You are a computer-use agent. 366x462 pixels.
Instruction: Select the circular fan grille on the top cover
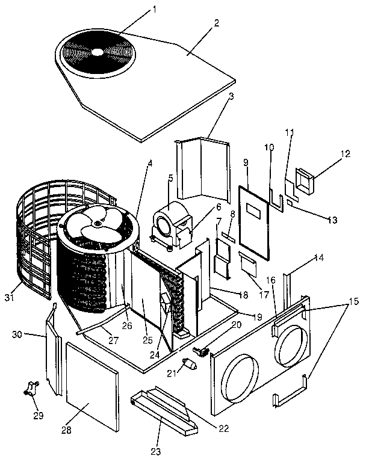click(x=96, y=51)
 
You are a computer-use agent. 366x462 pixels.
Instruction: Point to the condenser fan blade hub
click(x=96, y=223)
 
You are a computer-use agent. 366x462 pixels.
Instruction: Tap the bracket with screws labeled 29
click(x=29, y=389)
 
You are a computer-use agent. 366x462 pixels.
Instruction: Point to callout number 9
click(x=246, y=162)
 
